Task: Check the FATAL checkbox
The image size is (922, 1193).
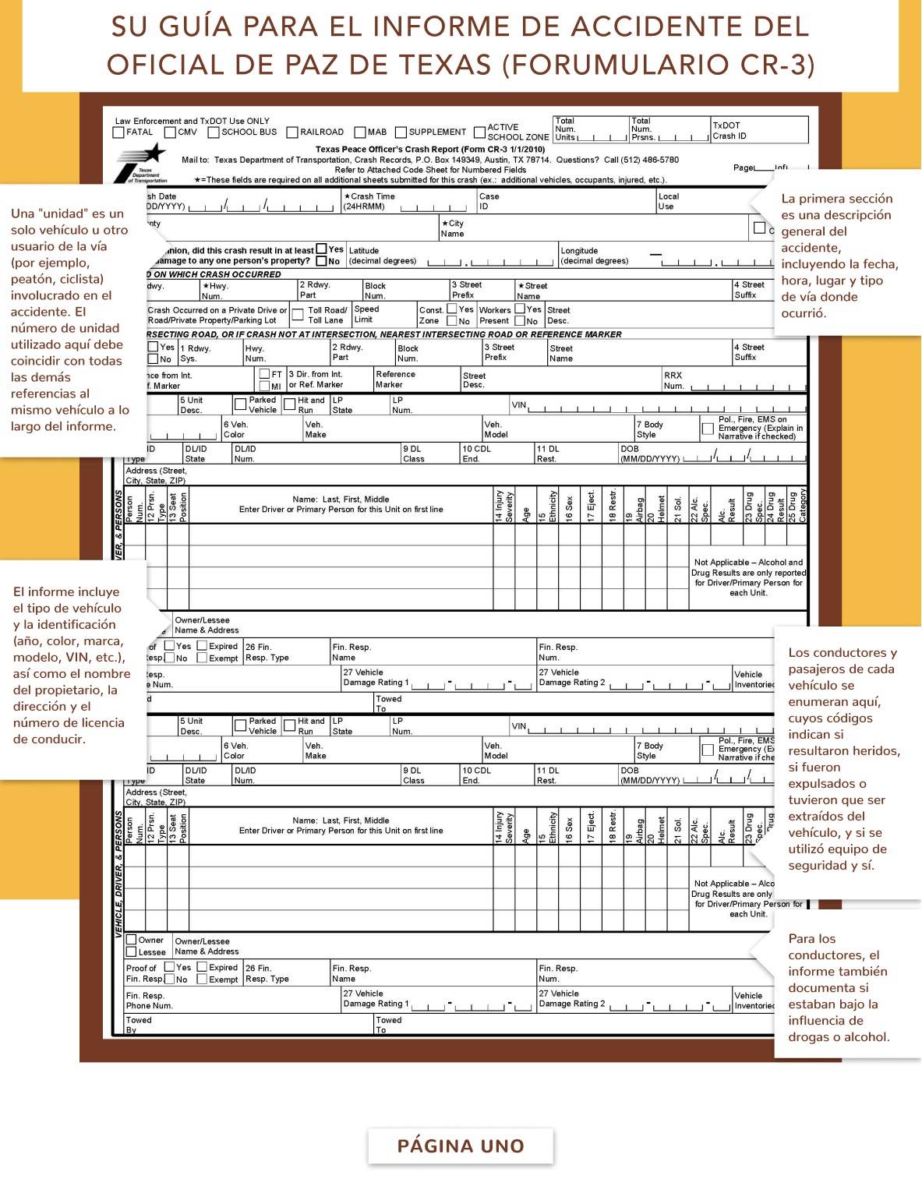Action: (x=118, y=132)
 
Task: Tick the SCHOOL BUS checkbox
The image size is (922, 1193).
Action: (x=214, y=132)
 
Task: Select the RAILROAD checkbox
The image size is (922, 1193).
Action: (x=292, y=132)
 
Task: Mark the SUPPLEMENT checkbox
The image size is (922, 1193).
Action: (x=401, y=132)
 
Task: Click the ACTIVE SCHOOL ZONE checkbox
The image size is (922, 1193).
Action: (x=480, y=132)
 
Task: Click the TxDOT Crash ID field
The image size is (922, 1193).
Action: (x=759, y=130)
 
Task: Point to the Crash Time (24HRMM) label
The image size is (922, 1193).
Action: (x=369, y=202)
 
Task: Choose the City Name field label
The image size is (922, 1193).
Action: (x=453, y=228)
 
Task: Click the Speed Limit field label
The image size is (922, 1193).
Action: (x=366, y=314)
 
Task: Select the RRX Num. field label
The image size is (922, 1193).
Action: (x=673, y=380)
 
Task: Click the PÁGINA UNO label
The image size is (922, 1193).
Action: (x=461, y=1146)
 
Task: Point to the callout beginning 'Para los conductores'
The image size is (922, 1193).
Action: (x=839, y=987)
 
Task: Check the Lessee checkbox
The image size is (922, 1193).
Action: (x=132, y=951)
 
